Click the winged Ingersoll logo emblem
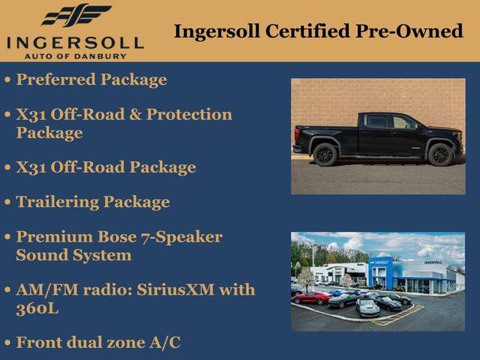coord(76,15)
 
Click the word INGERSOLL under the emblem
coord(75,43)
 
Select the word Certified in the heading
coord(307,31)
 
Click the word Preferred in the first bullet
coord(56,79)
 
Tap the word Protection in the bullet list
coord(190,114)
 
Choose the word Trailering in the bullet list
coord(57,202)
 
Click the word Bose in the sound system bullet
coord(117,237)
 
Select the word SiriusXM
coord(175,289)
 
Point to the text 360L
coord(37,308)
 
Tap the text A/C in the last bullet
coord(165,342)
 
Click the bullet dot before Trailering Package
coord(7,202)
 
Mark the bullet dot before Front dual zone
coord(7,343)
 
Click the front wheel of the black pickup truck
coord(441,154)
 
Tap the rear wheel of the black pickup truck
coord(325,154)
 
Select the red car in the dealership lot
coord(312,298)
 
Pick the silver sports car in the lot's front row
coord(367,307)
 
